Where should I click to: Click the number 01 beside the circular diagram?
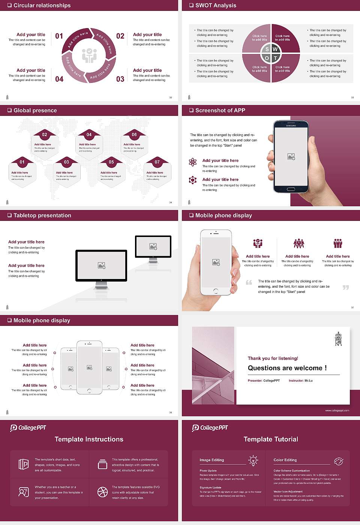point(59,36)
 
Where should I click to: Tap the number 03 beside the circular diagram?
point(120,79)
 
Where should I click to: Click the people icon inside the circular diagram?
point(89,55)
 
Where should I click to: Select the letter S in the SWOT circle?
point(267,49)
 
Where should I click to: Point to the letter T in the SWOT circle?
point(275,58)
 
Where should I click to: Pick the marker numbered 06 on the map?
point(134,135)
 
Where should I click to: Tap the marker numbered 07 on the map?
point(157,162)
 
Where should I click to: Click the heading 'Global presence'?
point(35,110)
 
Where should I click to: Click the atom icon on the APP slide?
point(193,162)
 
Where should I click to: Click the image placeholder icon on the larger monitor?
point(101,265)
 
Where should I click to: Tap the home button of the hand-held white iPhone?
point(216,291)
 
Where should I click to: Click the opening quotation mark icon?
point(249,282)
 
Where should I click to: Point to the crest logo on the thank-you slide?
point(338,339)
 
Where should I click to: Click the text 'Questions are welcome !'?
point(287,368)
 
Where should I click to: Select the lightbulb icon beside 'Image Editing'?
point(253,460)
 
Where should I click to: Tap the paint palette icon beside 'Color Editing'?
point(338,461)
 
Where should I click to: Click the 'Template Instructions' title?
point(89,439)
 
